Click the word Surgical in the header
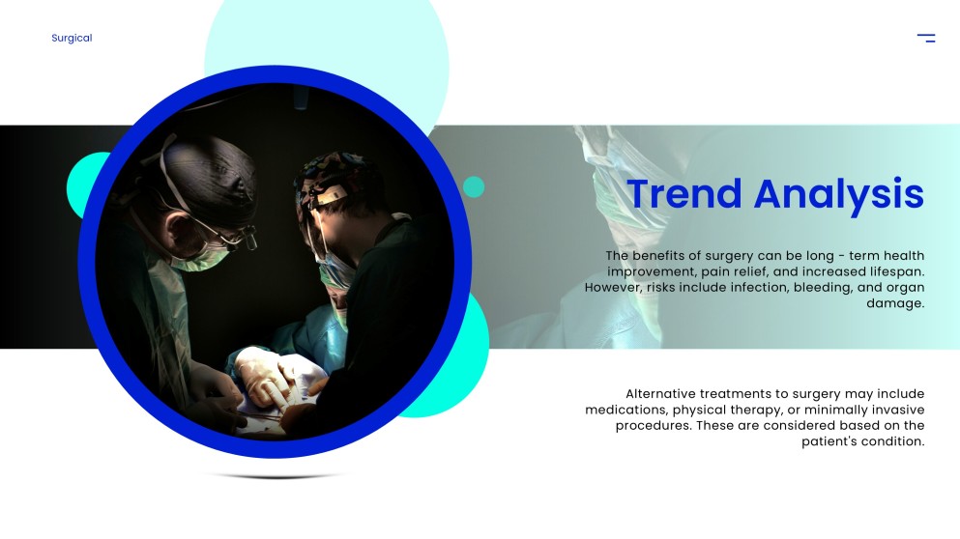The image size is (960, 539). (x=72, y=38)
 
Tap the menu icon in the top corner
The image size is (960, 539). (x=926, y=38)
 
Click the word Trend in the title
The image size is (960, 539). (x=684, y=194)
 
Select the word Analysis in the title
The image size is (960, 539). (x=839, y=195)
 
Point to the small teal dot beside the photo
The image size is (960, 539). (x=474, y=187)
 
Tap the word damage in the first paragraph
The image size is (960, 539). (x=895, y=304)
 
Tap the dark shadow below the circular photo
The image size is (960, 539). (x=275, y=475)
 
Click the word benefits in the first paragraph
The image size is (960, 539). (x=658, y=256)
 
